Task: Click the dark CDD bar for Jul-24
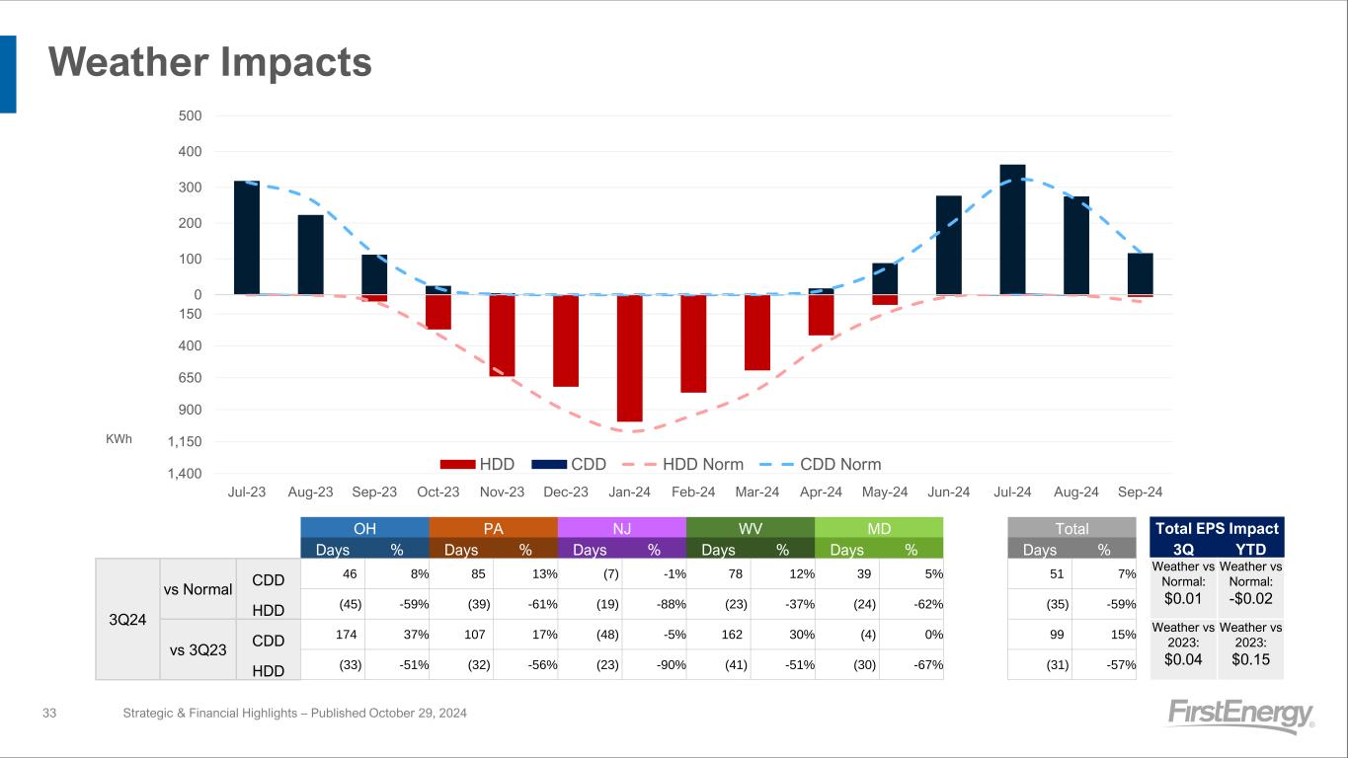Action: [1012, 229]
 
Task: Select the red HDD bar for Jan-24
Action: [629, 357]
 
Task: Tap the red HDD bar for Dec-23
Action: [566, 341]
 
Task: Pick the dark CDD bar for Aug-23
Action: [310, 255]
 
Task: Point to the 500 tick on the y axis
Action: [191, 115]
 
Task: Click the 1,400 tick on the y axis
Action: [187, 474]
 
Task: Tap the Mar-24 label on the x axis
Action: [756, 492]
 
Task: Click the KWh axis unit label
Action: [119, 438]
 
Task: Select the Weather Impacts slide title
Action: [210, 62]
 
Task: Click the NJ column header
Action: [621, 528]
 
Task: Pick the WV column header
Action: [750, 528]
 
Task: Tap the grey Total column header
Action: [1071, 528]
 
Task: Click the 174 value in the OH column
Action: [352, 634]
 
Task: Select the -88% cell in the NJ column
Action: [673, 604]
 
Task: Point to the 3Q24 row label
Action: [126, 619]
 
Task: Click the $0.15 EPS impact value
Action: [1250, 659]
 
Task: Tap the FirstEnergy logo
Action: [1240, 716]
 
